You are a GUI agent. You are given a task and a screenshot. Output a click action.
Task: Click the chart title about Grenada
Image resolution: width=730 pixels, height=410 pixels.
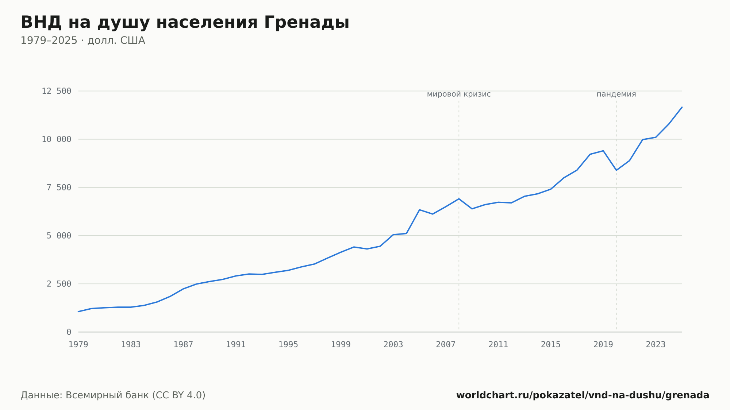(x=185, y=23)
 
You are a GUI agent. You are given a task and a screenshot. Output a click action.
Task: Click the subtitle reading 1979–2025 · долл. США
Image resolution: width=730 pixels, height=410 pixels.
(x=83, y=40)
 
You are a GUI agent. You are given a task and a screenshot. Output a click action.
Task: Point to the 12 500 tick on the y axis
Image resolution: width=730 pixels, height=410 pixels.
(x=57, y=91)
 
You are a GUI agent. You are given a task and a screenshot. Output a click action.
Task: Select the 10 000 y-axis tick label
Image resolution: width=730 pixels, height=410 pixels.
(x=57, y=139)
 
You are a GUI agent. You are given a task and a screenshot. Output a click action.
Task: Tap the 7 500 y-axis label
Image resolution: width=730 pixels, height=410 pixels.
(x=59, y=187)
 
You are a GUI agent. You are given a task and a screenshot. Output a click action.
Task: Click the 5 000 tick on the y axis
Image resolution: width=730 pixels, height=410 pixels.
(x=59, y=236)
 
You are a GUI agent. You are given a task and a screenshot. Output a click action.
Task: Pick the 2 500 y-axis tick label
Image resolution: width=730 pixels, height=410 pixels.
(x=59, y=284)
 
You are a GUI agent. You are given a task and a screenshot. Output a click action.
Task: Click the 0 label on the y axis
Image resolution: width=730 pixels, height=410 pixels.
(x=69, y=332)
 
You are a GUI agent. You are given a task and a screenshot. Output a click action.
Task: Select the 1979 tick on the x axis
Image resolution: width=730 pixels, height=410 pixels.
(x=78, y=345)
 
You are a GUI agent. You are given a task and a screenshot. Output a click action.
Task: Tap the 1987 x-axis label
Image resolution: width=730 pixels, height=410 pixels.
(x=183, y=345)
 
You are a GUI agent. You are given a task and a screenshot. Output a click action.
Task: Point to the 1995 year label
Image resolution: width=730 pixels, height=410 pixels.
(x=288, y=345)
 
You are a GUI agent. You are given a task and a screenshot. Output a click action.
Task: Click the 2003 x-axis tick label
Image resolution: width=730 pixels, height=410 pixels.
(x=393, y=345)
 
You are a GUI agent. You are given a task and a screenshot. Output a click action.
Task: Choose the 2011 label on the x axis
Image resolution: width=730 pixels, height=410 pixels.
(x=498, y=345)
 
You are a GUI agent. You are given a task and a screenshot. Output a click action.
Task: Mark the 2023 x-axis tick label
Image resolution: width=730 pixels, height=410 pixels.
(x=656, y=345)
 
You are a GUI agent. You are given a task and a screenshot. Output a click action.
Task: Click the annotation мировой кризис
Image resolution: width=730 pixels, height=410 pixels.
(x=459, y=94)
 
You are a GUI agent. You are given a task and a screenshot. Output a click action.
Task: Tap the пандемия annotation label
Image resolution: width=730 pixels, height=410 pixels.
(x=616, y=94)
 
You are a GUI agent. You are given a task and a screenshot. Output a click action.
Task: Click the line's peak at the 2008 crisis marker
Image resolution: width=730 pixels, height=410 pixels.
(x=459, y=199)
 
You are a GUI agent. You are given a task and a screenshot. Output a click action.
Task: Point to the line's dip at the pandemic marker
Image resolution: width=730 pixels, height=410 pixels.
(x=616, y=170)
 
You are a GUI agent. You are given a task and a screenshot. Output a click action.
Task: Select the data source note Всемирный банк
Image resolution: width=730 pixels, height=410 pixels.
(x=113, y=395)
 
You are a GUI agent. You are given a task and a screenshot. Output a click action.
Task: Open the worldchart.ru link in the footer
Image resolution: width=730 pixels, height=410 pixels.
(x=583, y=395)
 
